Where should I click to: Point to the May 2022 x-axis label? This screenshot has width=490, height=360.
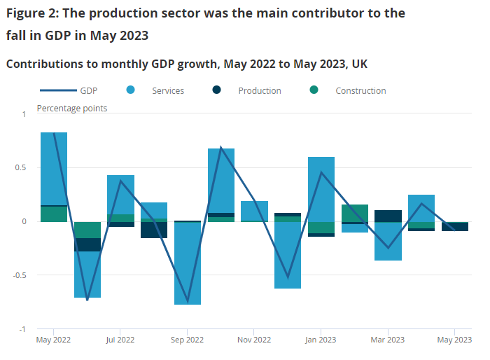[53, 340]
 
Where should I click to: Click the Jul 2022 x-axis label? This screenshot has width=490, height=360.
[120, 340]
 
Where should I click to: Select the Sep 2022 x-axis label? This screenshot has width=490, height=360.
[187, 340]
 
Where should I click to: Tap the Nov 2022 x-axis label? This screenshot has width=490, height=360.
[254, 340]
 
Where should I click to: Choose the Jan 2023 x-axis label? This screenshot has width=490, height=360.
[321, 340]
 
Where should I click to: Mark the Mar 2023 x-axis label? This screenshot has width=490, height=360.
[387, 340]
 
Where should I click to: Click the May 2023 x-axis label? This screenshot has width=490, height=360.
[454, 340]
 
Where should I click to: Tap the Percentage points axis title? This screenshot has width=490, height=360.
[72, 108]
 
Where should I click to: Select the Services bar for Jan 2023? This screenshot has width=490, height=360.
[321, 189]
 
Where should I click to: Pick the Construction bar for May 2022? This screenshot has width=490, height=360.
[54, 214]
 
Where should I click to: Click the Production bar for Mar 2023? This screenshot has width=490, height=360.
[388, 216]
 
